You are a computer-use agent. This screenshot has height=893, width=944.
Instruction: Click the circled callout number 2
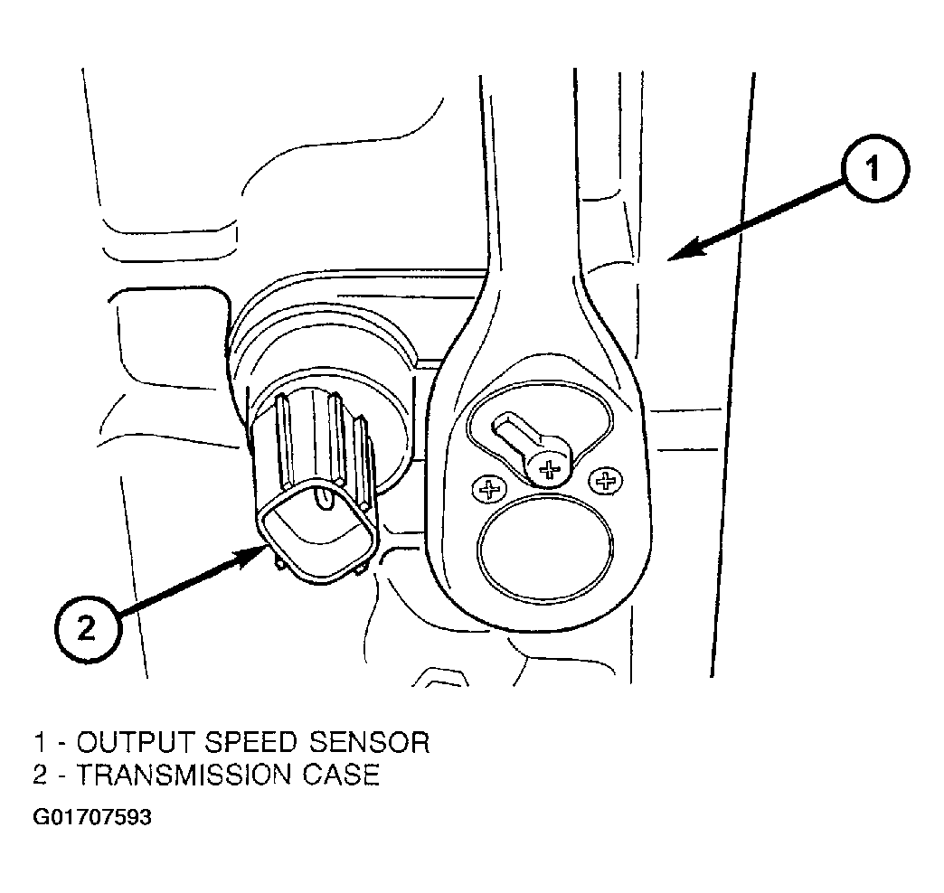coord(88,630)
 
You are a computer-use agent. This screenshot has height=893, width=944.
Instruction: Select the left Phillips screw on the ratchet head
coord(489,488)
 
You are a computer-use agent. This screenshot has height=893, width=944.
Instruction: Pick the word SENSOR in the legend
coord(369,743)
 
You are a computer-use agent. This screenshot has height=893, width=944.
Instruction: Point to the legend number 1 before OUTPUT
coord(40,743)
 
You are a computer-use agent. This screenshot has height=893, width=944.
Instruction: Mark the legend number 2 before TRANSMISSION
coord(40,775)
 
